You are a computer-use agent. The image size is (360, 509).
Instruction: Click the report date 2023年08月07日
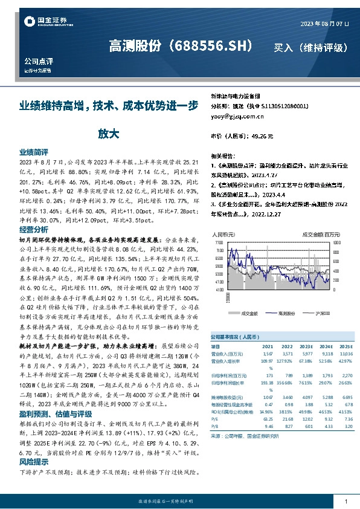(x=324, y=23)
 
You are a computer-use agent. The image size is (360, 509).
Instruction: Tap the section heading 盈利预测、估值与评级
(x=53, y=400)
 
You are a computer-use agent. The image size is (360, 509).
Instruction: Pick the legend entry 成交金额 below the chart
(x=249, y=313)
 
